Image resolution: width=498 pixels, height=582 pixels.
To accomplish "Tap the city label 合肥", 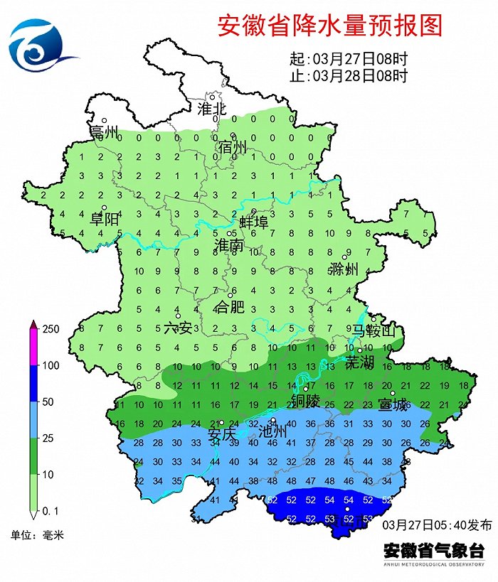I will (x=229, y=308).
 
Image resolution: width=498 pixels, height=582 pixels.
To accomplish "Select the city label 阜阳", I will (x=104, y=220).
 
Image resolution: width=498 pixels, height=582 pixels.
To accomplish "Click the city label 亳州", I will (x=104, y=133).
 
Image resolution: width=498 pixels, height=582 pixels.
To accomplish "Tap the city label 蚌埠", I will (x=253, y=222).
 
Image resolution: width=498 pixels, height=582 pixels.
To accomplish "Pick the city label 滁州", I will (x=344, y=270).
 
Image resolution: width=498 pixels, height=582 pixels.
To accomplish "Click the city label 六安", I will (x=178, y=328).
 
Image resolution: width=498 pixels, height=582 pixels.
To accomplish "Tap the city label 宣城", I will (x=393, y=406).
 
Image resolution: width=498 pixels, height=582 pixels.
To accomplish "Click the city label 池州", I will (x=272, y=431).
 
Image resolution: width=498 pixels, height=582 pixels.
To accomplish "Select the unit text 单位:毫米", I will (x=36, y=534).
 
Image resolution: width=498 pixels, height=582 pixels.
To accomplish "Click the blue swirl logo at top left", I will (x=39, y=43).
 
